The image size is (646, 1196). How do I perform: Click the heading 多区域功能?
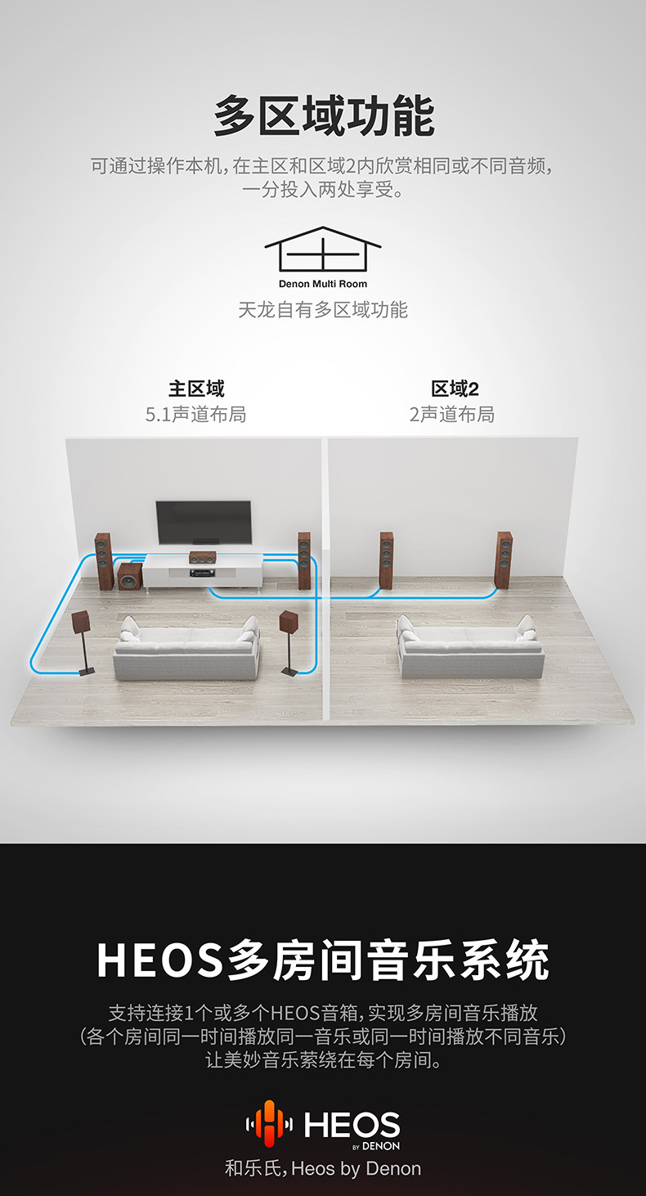click(323, 116)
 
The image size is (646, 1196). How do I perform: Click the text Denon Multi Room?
click(323, 284)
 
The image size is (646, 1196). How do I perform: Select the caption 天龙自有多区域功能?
click(323, 309)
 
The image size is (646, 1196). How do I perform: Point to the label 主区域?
click(196, 388)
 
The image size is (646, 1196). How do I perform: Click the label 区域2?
click(455, 388)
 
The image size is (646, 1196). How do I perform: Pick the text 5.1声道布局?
click(195, 414)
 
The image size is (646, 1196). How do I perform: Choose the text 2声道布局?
click(452, 414)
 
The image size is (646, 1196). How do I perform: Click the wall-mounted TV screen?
click(204, 522)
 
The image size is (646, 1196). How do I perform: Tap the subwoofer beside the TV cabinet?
click(128, 577)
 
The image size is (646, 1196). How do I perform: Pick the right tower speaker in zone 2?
click(503, 559)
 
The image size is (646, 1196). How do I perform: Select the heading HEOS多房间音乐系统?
click(323, 960)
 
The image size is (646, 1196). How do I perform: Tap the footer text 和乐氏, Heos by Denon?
click(323, 1168)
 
